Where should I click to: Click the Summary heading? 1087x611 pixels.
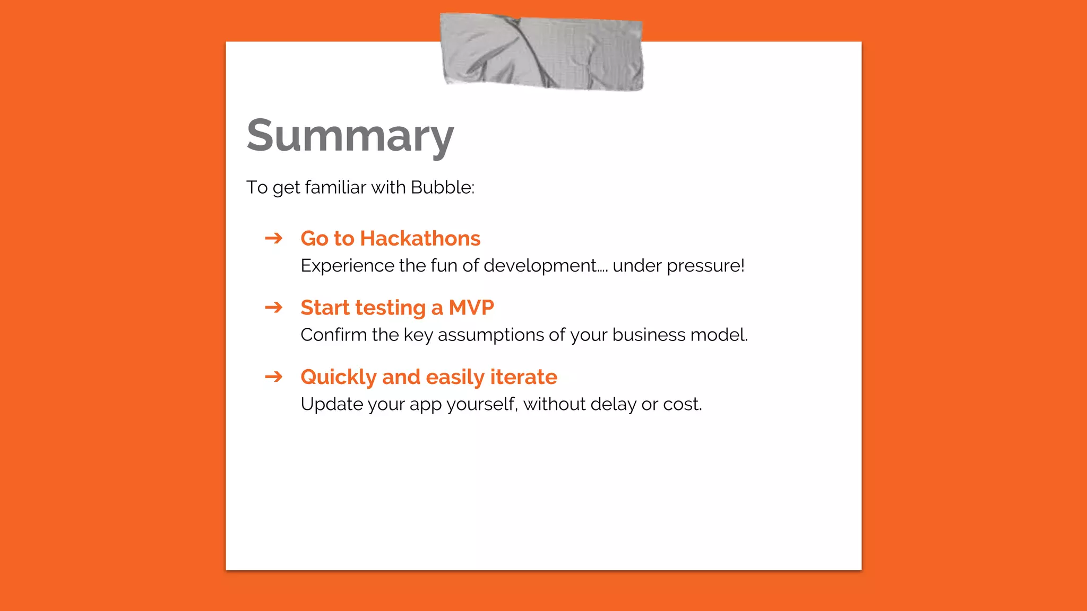click(350, 136)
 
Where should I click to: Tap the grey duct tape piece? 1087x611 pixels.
click(541, 52)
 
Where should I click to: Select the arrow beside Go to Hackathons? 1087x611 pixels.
click(274, 238)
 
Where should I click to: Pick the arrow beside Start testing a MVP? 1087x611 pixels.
click(274, 307)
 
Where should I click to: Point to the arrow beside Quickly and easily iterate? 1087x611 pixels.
click(274, 377)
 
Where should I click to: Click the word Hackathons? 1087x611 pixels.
click(420, 238)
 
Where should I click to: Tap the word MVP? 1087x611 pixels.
click(471, 308)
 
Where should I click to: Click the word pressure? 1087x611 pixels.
click(705, 266)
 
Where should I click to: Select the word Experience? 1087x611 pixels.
click(347, 266)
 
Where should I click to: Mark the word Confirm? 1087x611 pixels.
click(333, 335)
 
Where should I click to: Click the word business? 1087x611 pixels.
click(641, 335)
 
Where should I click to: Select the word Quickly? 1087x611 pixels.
click(338, 377)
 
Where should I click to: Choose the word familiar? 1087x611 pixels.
click(335, 187)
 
